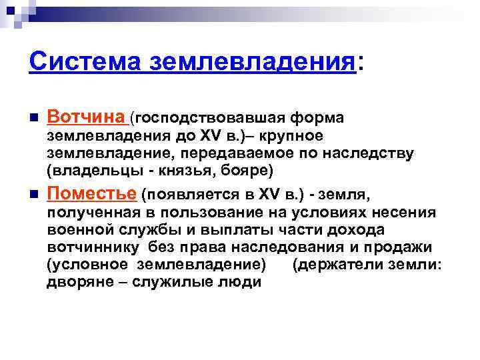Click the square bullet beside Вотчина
pos(33,119)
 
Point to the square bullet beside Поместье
pos(33,195)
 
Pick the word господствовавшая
pos(203,119)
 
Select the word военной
pos(80,230)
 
